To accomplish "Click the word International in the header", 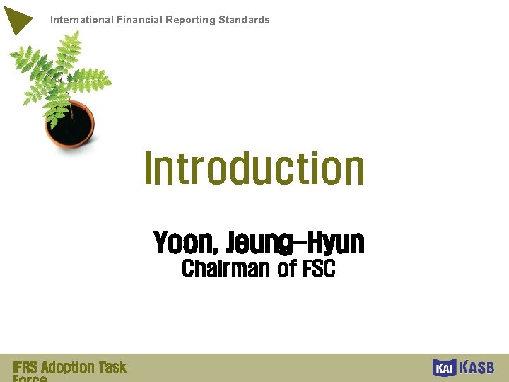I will tap(81, 20).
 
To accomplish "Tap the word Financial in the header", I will tap(139, 20).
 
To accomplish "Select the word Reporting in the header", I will tap(190, 20).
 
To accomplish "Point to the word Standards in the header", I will tap(244, 20).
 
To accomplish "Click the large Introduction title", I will tap(255, 168).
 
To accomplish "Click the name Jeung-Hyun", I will tap(295, 243).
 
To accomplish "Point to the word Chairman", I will tap(226, 269).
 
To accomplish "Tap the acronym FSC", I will tap(318, 269).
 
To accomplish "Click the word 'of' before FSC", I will tap(286, 269).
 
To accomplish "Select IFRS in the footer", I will tap(25, 367).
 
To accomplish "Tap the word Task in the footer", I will tap(112, 367).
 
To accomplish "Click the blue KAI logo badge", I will tap(444, 368).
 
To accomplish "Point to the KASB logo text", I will tap(477, 367).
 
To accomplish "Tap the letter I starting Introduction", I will tap(148, 168).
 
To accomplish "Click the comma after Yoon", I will tap(216, 250).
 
